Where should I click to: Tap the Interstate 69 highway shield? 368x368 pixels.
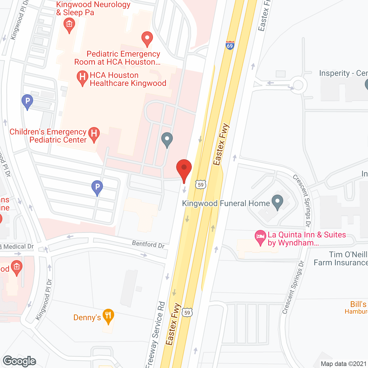click(230, 45)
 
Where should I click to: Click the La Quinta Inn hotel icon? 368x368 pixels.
click(260, 237)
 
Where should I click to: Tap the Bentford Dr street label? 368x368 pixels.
click(148, 244)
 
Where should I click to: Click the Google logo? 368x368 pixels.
click(20, 361)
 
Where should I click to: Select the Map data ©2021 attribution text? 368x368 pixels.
click(344, 364)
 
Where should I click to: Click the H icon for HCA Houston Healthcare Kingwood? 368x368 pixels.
click(83, 77)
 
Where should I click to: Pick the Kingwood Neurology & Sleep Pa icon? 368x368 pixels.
click(69, 25)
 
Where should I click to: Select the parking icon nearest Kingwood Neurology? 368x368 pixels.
click(27, 101)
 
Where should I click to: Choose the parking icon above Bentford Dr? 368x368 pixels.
click(97, 187)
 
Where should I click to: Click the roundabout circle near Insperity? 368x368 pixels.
click(298, 85)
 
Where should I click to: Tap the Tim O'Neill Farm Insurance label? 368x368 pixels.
click(340, 258)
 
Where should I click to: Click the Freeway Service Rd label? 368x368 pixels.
click(156, 333)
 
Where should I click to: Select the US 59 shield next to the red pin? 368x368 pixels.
click(201, 185)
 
